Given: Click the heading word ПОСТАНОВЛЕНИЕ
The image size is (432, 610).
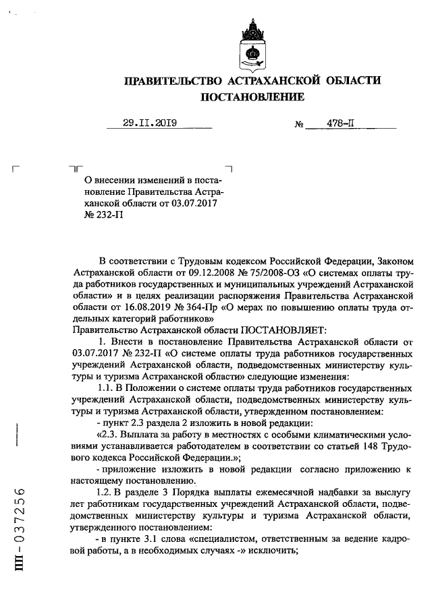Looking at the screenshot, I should point(251,98).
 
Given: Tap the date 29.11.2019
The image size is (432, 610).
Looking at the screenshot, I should point(149,123).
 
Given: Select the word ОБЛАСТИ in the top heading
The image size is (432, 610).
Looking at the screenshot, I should point(350,81).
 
